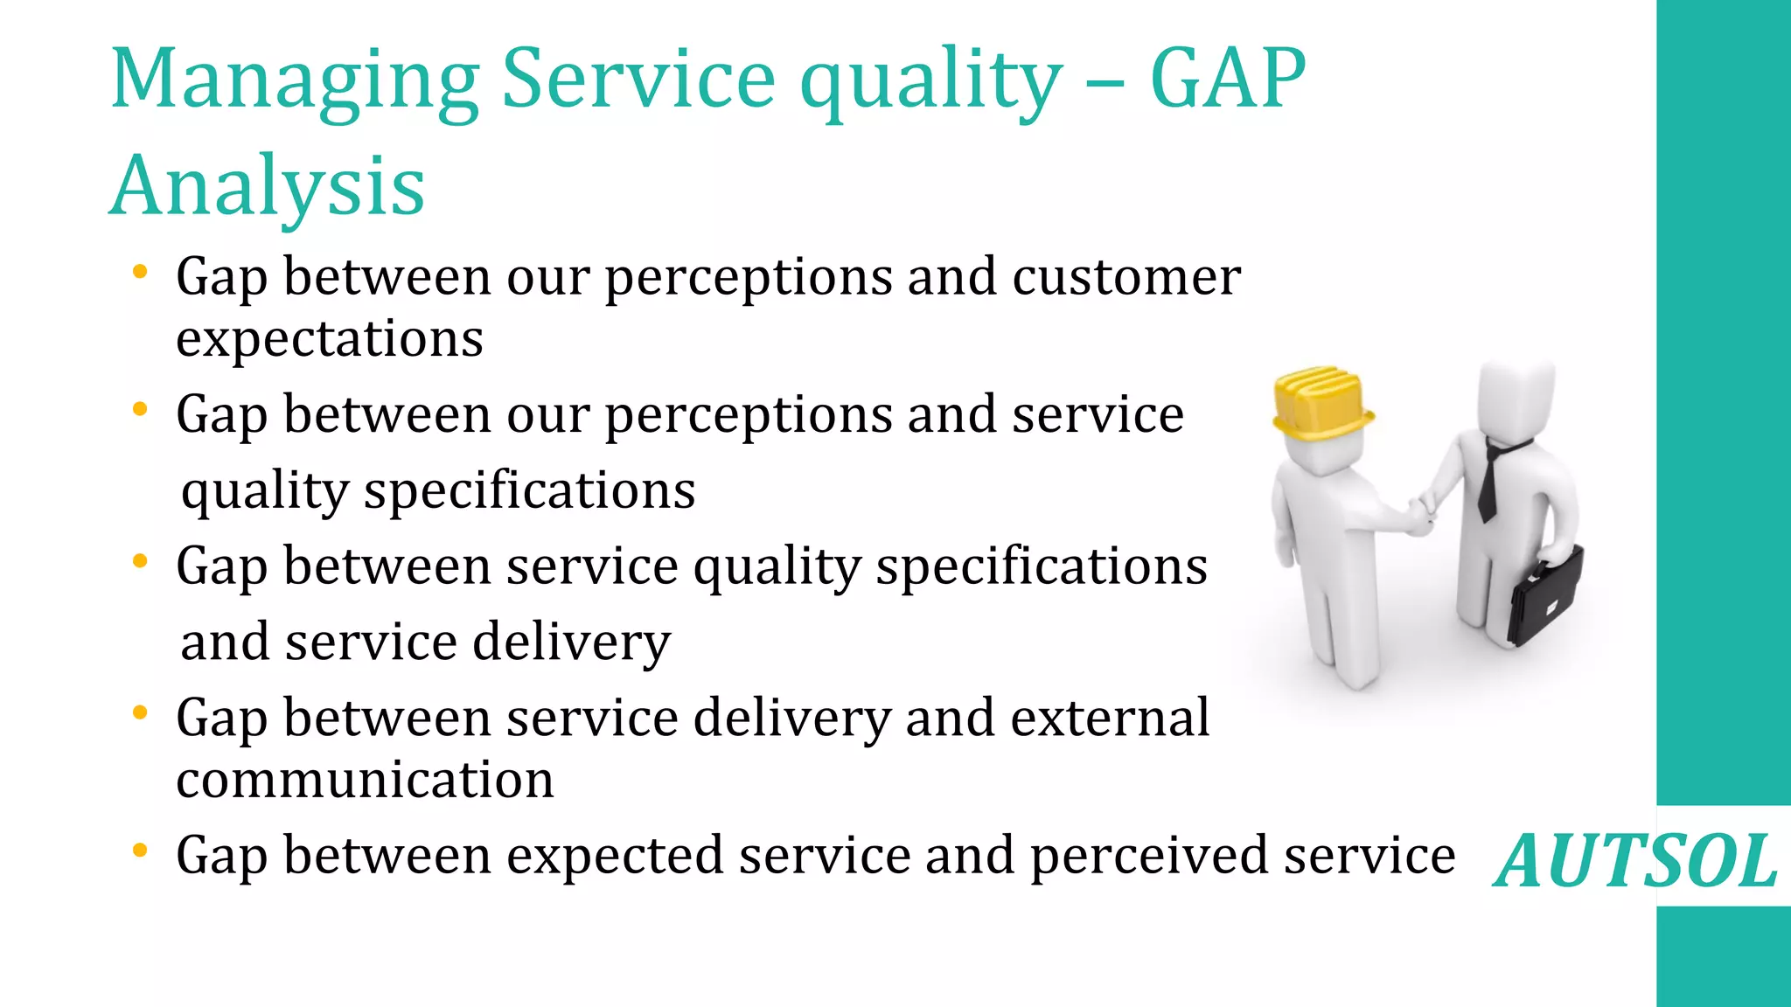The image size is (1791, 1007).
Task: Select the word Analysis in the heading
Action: tap(268, 186)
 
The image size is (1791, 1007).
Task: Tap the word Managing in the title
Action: tap(295, 80)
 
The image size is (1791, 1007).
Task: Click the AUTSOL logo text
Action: tap(1636, 862)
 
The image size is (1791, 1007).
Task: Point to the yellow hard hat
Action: tap(1321, 402)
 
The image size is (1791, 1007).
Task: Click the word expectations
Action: tap(330, 339)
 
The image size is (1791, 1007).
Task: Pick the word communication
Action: tap(365, 780)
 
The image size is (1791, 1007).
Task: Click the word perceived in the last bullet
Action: tap(1148, 856)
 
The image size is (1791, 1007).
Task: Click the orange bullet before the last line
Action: tap(140, 850)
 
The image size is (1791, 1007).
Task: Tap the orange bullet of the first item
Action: tap(140, 272)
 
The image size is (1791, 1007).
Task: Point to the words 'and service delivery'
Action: tap(425, 642)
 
